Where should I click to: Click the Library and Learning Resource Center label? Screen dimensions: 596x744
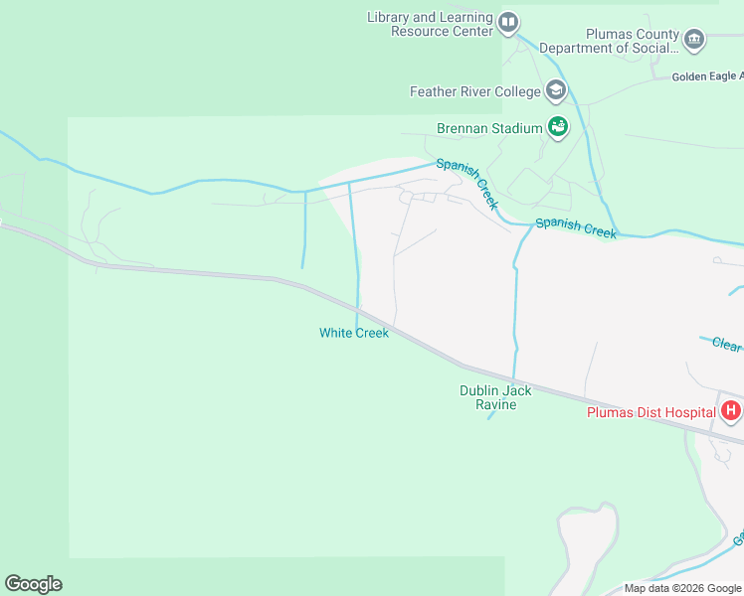(430, 24)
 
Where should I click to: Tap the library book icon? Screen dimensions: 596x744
(508, 22)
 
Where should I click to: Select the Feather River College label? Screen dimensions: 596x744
(475, 92)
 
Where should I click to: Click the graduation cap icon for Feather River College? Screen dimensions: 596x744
(555, 92)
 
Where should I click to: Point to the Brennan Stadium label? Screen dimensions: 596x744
(489, 128)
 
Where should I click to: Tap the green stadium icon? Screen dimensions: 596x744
(557, 127)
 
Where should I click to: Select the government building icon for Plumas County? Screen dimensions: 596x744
(694, 41)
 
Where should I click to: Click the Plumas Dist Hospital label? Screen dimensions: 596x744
(651, 412)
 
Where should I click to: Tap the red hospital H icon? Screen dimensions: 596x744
(731, 410)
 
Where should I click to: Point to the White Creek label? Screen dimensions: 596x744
(354, 333)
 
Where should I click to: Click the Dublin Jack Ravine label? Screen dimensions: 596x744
(495, 397)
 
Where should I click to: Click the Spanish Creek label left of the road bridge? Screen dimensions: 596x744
(576, 227)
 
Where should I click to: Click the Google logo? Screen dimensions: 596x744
(33, 584)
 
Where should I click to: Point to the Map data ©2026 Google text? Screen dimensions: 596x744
(683, 588)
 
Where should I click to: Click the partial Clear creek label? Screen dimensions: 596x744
(727, 344)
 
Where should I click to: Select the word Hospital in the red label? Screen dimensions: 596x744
(689, 412)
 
